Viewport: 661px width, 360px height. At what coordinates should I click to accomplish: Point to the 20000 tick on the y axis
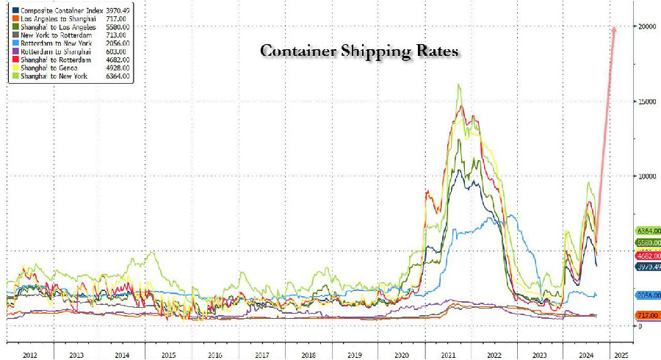(646, 26)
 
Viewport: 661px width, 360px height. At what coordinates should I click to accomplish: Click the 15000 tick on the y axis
(646, 101)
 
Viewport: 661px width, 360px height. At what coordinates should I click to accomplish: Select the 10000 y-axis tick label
(646, 176)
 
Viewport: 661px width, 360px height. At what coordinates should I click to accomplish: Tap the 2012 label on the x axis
(29, 354)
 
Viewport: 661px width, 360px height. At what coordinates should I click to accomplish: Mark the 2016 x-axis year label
(214, 354)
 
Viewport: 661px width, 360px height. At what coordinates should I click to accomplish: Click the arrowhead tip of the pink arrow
(614, 26)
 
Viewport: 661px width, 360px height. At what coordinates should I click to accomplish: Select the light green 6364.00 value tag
(648, 231)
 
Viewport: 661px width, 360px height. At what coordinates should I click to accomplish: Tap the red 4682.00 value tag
(648, 255)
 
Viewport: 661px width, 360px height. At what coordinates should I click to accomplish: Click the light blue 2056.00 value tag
(648, 294)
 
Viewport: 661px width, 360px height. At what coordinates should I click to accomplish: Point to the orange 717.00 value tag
(648, 315)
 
